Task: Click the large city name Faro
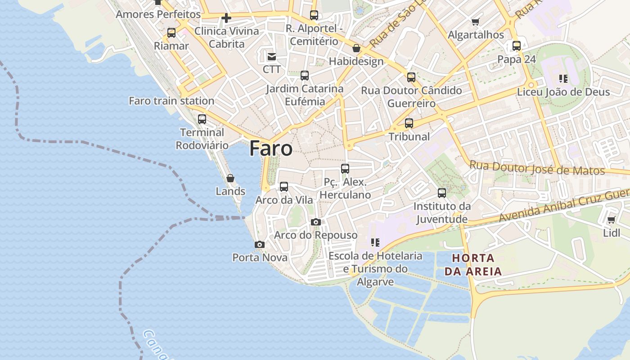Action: pyautogui.click(x=271, y=148)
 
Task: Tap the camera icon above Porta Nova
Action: pyautogui.click(x=259, y=244)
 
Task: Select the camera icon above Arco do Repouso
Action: pyautogui.click(x=316, y=222)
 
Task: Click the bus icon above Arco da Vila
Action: pyautogui.click(x=284, y=186)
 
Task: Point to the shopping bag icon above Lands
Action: pyautogui.click(x=230, y=178)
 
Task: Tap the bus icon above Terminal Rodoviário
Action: pyautogui.click(x=202, y=119)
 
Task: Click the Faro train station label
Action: pyautogui.click(x=171, y=101)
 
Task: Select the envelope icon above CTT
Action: pyautogui.click(x=272, y=56)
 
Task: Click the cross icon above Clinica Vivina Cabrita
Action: pyautogui.click(x=226, y=18)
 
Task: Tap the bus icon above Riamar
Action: pyautogui.click(x=171, y=32)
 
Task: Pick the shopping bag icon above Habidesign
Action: pyautogui.click(x=356, y=48)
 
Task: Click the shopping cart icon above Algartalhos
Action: pyautogui.click(x=476, y=22)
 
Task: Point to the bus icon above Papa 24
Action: pyautogui.click(x=517, y=45)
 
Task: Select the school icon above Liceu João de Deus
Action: pyautogui.click(x=563, y=79)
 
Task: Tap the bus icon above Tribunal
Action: pyautogui.click(x=409, y=123)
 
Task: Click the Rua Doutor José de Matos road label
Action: pyautogui.click(x=537, y=168)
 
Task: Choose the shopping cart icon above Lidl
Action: pyautogui.click(x=611, y=220)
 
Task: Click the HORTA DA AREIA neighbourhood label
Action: pyautogui.click(x=473, y=265)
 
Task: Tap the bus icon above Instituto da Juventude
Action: pyautogui.click(x=442, y=193)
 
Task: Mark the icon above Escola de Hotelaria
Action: pyautogui.click(x=375, y=243)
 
